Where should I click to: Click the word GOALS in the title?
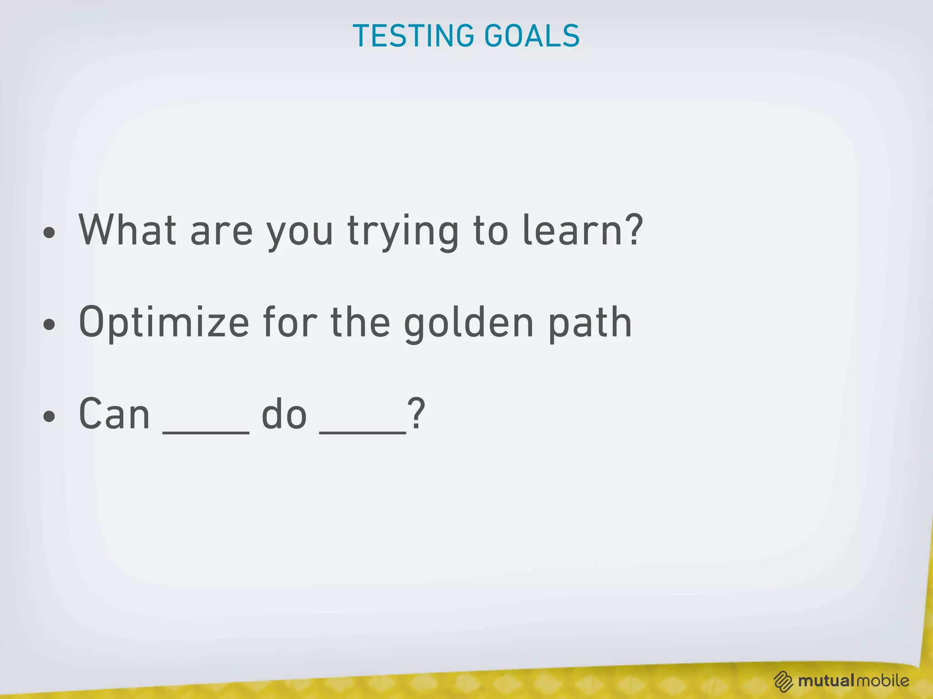click(532, 36)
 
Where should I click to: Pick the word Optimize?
click(164, 323)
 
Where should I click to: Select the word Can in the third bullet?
click(114, 414)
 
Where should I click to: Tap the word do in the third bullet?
click(284, 414)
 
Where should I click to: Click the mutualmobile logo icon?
click(784, 681)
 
